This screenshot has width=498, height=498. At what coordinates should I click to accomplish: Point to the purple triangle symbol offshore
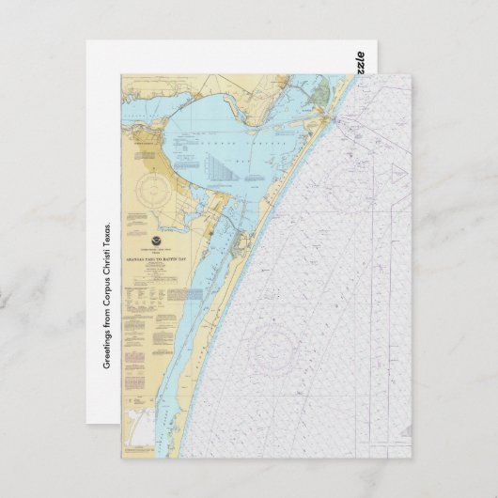point(398,174)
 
